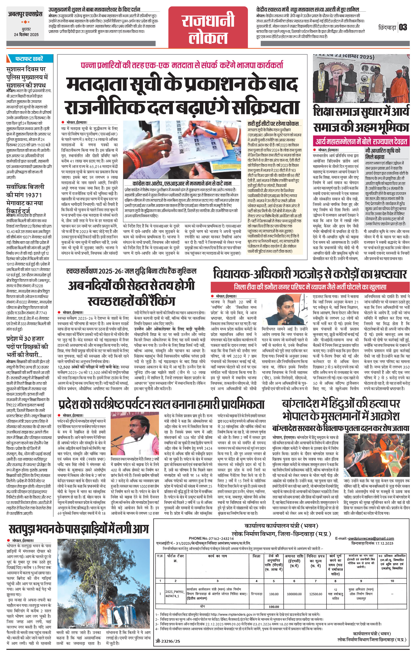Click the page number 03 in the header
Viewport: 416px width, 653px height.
(403, 27)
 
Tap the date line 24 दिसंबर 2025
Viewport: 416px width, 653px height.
(26, 35)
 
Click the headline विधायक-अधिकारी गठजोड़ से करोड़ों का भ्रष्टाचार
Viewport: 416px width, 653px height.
(310, 274)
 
